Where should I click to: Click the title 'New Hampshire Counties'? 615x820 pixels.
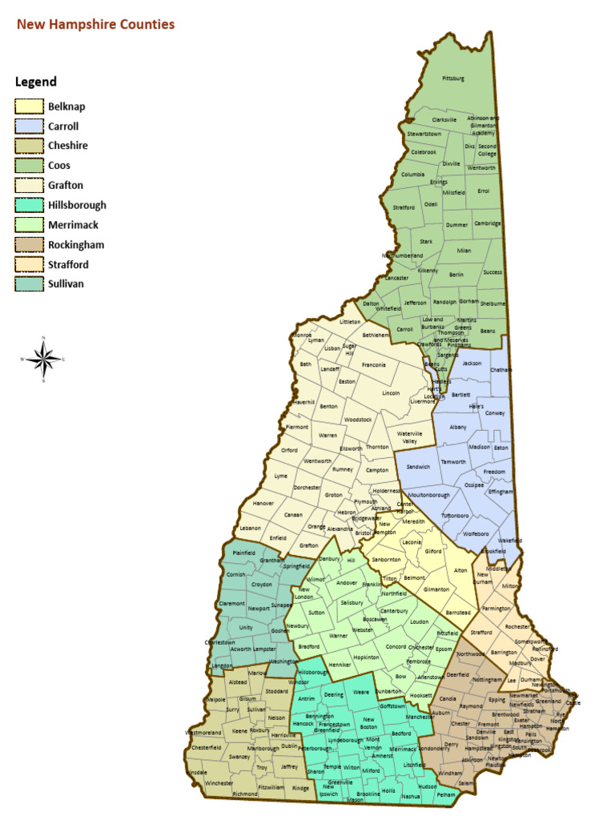[96, 25]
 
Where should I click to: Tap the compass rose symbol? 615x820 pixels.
[44, 359]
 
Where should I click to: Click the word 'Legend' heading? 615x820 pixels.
[36, 82]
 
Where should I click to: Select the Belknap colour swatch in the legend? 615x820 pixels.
[29, 107]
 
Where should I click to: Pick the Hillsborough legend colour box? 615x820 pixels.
[29, 205]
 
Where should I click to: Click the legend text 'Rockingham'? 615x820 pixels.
[76, 245]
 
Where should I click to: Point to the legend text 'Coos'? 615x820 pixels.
[59, 166]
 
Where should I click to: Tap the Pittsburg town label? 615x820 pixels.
[453, 78]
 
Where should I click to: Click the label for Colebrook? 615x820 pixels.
[424, 151]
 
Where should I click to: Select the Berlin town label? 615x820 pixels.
[456, 274]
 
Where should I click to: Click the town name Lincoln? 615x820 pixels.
[391, 393]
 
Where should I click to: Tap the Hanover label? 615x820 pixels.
[263, 503]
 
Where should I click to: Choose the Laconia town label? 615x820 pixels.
[412, 542]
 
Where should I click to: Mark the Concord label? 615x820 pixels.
[396, 646]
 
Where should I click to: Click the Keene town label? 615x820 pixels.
[239, 731]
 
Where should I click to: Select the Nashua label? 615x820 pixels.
[411, 797]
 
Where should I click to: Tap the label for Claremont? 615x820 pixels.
[231, 603]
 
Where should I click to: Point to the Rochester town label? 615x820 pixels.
[518, 626]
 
